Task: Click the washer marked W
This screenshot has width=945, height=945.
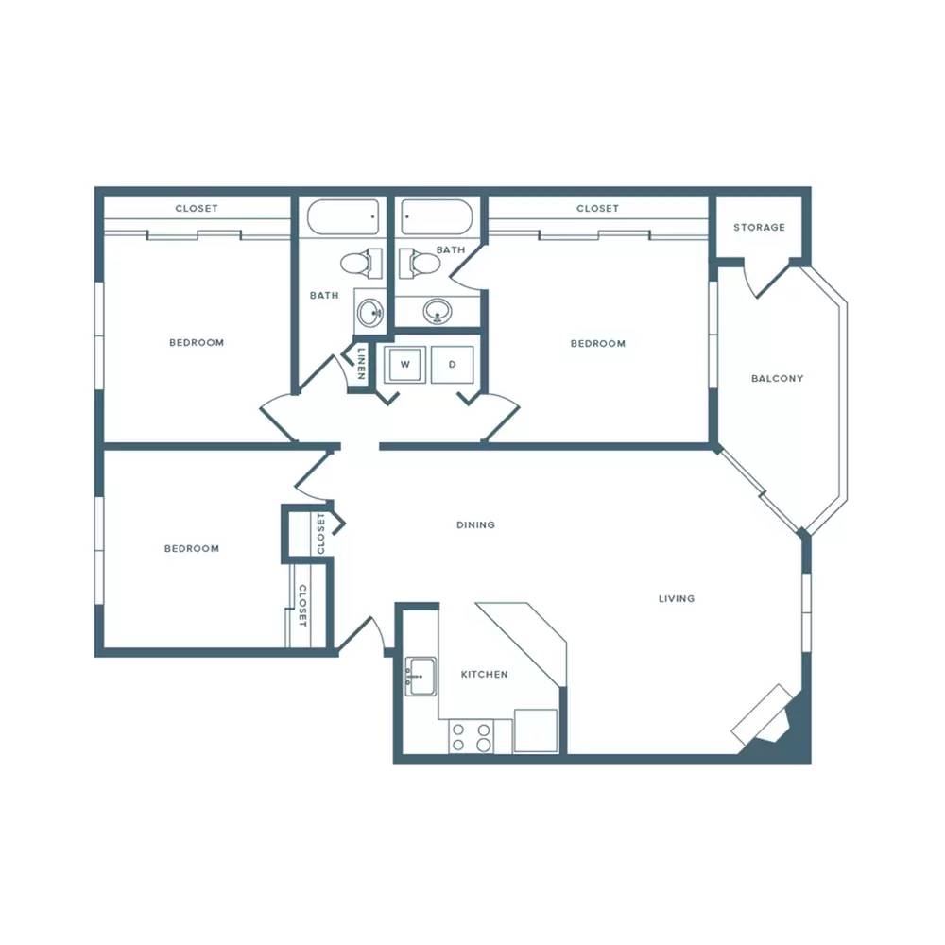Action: coord(405,364)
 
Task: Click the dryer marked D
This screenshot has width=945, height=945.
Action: coord(452,364)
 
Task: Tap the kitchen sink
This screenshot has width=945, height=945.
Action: coord(421,677)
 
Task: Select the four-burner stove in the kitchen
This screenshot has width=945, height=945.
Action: coord(472,736)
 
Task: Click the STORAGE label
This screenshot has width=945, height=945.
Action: coord(759,227)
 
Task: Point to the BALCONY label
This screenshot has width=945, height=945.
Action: coord(777,379)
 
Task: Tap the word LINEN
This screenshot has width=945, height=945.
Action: coord(361,364)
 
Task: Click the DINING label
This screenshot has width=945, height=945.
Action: coord(475,524)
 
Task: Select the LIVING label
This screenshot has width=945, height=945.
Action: coord(677,598)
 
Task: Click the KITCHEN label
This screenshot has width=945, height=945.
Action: coord(484,675)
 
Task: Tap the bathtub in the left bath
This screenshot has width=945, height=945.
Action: coord(343,217)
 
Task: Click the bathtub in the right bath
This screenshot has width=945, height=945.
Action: coord(437,217)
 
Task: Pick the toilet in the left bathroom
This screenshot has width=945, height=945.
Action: coord(361,264)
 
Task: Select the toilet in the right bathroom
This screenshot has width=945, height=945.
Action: coord(420,264)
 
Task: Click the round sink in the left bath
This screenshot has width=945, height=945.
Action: coord(369,313)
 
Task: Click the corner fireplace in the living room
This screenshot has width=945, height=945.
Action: coord(766,719)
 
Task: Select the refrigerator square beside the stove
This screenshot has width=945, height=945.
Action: coord(536,730)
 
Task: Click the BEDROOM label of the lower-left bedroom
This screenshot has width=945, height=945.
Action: coord(192,548)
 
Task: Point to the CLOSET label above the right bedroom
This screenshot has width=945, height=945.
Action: coord(597,209)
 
